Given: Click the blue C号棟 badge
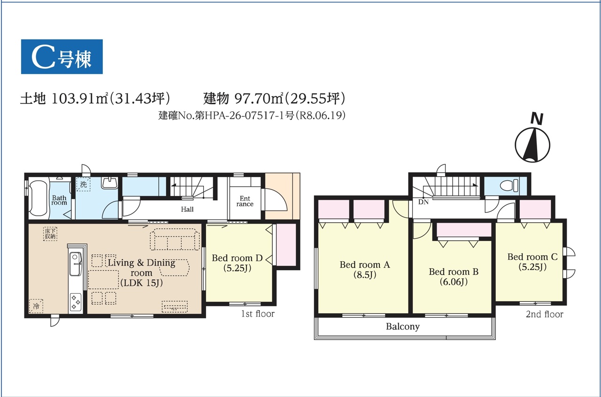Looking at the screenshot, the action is tap(62, 57).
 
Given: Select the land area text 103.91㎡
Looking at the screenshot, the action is tap(80, 98).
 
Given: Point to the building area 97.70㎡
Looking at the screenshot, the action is tap(259, 98).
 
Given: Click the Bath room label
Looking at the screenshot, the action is tap(59, 200).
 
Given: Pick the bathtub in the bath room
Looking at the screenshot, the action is tap(38, 198).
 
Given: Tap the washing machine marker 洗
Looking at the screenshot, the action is tap(83, 185).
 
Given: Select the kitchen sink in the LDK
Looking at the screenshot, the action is tap(75, 264).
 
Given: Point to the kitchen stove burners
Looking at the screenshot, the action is tap(76, 302).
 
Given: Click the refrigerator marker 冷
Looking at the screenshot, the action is tap(36, 306).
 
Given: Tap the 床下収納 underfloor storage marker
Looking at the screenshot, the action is tap(50, 234).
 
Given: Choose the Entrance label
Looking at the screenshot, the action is tap(245, 201).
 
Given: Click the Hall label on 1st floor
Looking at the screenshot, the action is tap(187, 210).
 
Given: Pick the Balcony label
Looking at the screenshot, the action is tap(403, 327).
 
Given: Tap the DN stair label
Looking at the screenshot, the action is tap(424, 202).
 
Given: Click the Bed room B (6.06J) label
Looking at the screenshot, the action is tap(454, 277).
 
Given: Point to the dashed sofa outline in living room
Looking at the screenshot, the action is tap(175, 240).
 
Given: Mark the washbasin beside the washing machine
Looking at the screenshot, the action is tap(109, 183).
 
